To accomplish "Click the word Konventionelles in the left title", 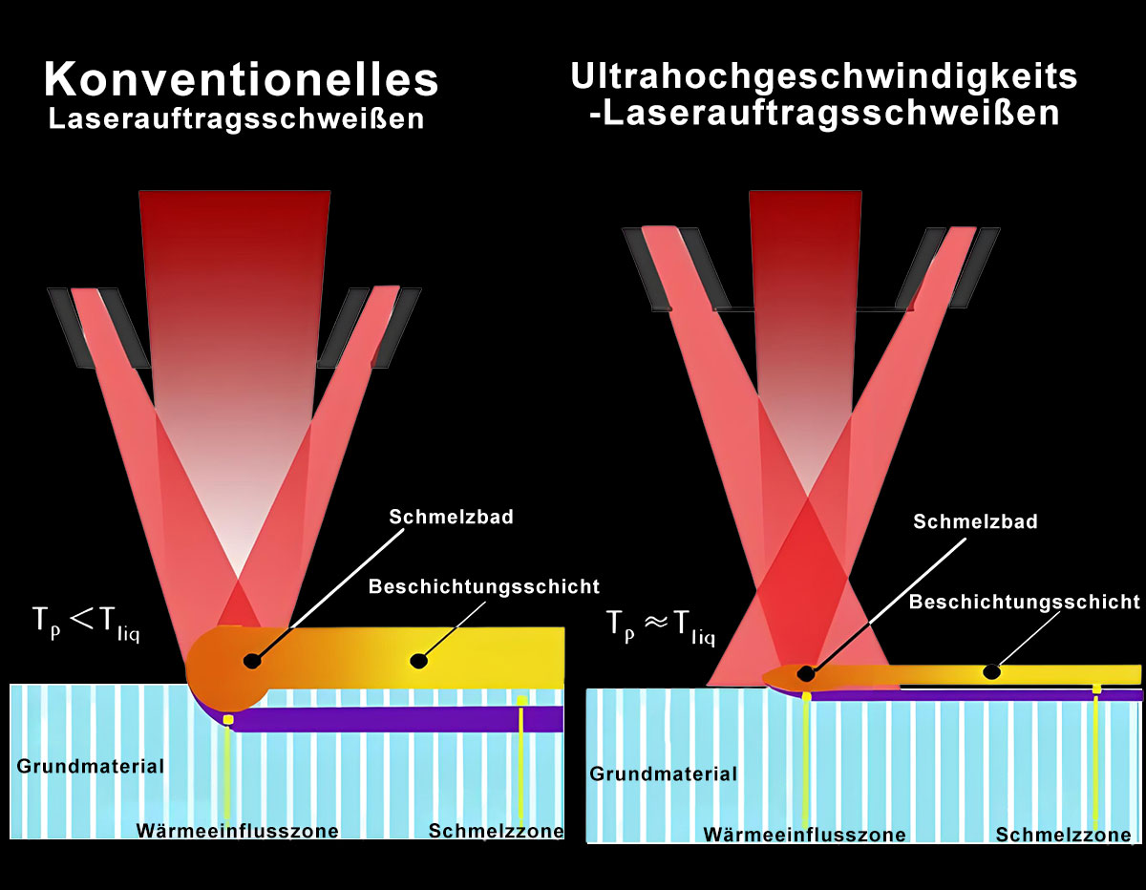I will coord(241,80).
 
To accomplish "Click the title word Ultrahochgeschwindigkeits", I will coord(823,76).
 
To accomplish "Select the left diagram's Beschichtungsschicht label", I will coord(483,585).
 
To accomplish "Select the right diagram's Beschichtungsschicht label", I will coord(1024,602).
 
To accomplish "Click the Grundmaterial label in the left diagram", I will coord(91,766).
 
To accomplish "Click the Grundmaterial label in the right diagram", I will coord(663,773).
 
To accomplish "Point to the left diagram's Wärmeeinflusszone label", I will coord(237,831).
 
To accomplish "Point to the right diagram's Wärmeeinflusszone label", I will coord(804,835).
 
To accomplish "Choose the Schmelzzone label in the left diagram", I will coord(496,831).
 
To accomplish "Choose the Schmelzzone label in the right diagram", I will coord(1064,835).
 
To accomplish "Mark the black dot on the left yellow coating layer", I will coord(417,659).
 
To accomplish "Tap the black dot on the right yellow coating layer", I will coord(992,672).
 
